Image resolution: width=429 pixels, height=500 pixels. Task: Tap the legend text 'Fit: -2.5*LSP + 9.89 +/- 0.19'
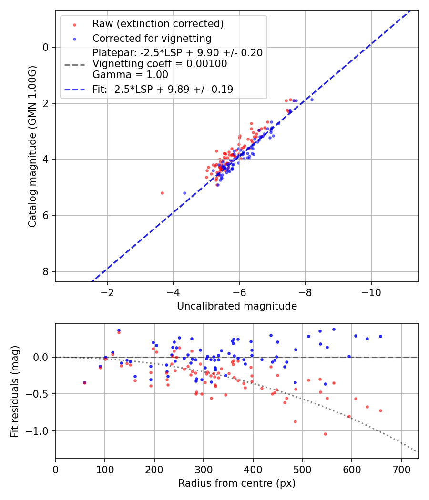[x=163, y=89]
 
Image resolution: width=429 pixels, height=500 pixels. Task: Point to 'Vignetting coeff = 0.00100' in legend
[x=160, y=63]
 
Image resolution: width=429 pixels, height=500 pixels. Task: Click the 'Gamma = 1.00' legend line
[x=130, y=75]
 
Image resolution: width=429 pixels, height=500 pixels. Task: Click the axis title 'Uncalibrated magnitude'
[x=237, y=306]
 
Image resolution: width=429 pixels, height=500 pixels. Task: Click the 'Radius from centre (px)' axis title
[x=237, y=483]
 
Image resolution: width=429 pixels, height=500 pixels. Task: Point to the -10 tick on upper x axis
[x=371, y=292]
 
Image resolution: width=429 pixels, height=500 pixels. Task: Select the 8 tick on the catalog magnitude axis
[x=46, y=271]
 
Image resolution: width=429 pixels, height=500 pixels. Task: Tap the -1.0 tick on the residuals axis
[x=41, y=431]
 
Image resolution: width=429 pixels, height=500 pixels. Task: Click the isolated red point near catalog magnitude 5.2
[x=162, y=193]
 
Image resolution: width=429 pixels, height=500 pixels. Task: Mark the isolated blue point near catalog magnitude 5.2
[x=184, y=193]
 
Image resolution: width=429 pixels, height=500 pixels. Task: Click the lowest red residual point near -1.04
[x=325, y=434]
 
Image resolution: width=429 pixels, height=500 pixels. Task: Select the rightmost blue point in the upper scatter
[x=312, y=100]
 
